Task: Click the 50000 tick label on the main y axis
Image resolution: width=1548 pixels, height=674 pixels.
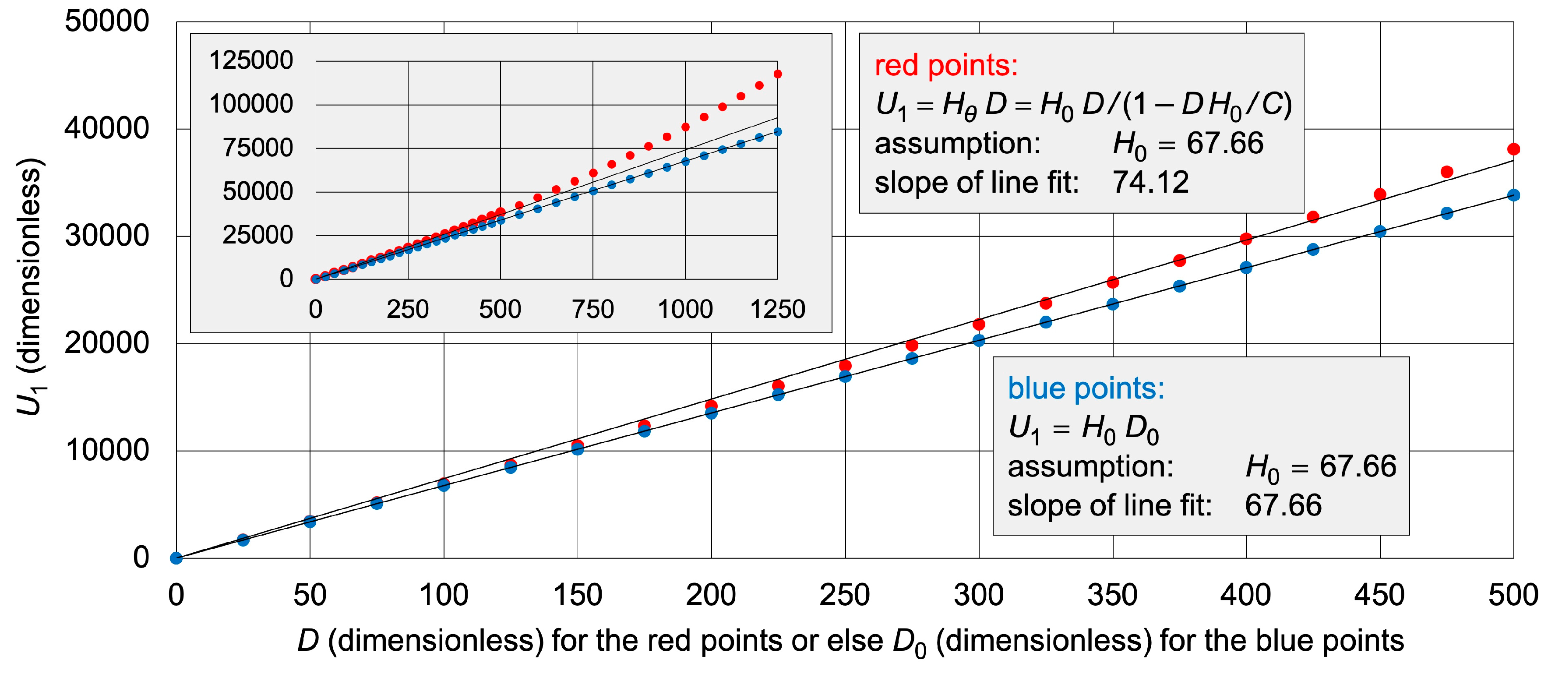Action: coord(107,21)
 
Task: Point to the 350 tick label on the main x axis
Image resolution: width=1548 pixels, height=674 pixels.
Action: coord(1112,595)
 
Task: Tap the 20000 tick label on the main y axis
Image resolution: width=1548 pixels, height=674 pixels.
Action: coord(107,343)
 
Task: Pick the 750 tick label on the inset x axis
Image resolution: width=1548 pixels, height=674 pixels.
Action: coord(592,310)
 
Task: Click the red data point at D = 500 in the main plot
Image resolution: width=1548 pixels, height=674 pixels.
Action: coord(1513,149)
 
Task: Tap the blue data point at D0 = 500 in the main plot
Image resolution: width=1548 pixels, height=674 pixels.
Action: coord(1513,195)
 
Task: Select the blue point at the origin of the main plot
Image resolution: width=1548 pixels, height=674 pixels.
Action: coord(176,558)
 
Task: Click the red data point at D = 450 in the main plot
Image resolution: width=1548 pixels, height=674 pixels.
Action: coord(1380,194)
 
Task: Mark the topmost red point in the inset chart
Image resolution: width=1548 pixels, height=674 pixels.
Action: coord(778,74)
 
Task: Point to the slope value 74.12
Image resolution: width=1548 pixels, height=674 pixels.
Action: coord(1150,182)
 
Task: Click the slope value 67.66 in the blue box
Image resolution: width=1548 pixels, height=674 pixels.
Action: coord(1283,505)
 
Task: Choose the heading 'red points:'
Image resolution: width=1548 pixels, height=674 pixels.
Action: coord(946,66)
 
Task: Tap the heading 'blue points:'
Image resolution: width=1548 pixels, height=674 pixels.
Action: coord(1086,389)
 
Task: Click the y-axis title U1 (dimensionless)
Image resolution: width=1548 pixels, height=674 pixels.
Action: coord(29,287)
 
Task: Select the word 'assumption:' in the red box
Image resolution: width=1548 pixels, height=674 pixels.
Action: coord(957,144)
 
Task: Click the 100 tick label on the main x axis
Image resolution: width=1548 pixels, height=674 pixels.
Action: coord(444,595)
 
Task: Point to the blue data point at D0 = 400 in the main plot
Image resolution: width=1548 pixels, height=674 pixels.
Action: coord(1246,268)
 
